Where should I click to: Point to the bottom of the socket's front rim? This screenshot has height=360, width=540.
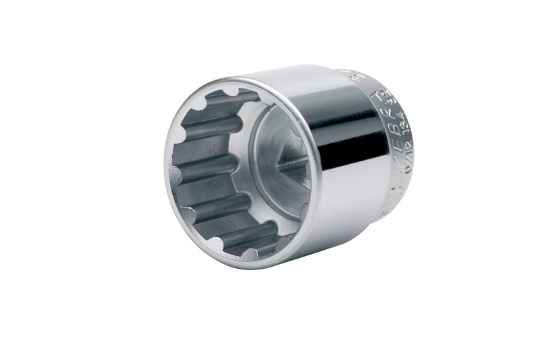tap(236, 265)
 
